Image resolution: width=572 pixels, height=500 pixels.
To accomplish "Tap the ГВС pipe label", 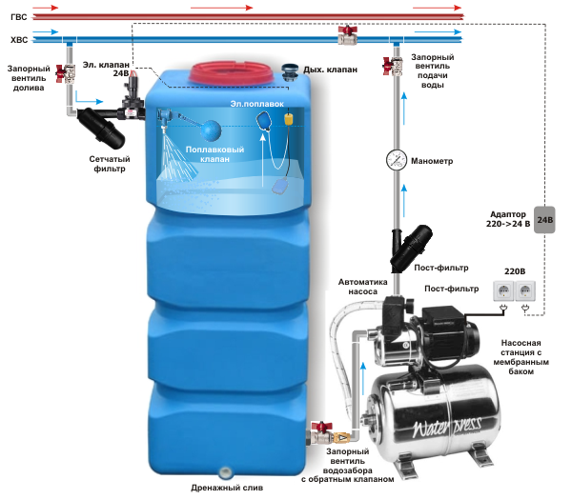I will click(18, 16).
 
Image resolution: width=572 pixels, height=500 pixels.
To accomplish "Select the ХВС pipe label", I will click(18, 40).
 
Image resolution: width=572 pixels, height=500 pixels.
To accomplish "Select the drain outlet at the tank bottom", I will click(225, 471).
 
